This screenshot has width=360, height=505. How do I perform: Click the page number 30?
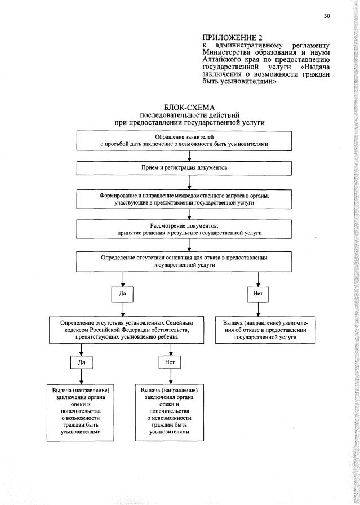tap(327, 16)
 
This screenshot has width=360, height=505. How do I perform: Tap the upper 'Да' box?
tap(122, 294)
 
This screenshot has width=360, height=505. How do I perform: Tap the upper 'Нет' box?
tap(258, 294)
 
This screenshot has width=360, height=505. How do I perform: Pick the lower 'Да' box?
tap(81, 362)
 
